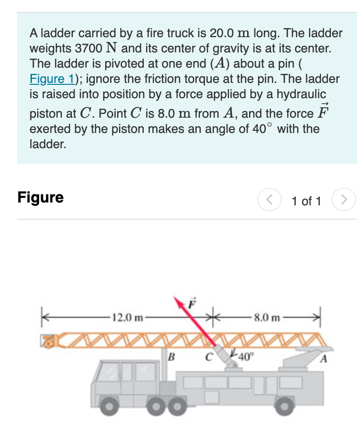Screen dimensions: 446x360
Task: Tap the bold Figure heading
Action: (40, 197)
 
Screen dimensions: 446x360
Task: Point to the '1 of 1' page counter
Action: (306, 201)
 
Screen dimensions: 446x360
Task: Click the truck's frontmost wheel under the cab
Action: (110, 406)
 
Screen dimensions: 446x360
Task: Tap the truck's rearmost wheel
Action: (283, 406)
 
